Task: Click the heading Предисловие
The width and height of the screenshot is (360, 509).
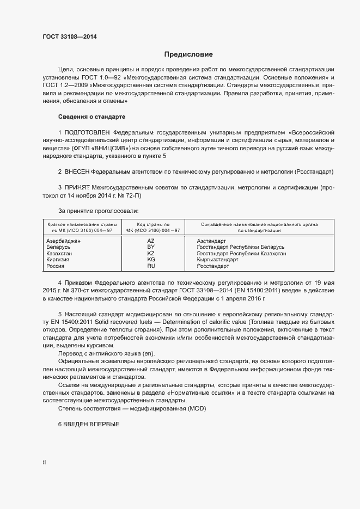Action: (188, 54)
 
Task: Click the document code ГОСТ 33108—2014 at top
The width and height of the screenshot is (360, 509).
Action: (69, 38)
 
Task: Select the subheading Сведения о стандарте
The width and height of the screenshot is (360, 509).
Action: (91, 117)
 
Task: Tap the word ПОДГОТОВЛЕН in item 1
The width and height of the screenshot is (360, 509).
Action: (87, 132)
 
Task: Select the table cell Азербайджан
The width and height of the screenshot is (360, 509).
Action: (64, 240)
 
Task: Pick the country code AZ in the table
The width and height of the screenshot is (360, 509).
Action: (151, 240)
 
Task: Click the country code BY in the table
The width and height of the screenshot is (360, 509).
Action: (151, 247)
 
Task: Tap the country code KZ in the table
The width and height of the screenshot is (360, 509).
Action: (151, 253)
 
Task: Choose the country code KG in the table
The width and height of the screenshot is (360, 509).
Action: (151, 260)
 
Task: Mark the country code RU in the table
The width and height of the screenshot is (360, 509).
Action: (151, 266)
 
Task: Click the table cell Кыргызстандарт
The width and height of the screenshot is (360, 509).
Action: (217, 260)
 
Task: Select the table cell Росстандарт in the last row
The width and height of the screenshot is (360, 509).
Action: (213, 266)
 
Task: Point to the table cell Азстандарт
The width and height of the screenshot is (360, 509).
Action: (211, 240)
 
